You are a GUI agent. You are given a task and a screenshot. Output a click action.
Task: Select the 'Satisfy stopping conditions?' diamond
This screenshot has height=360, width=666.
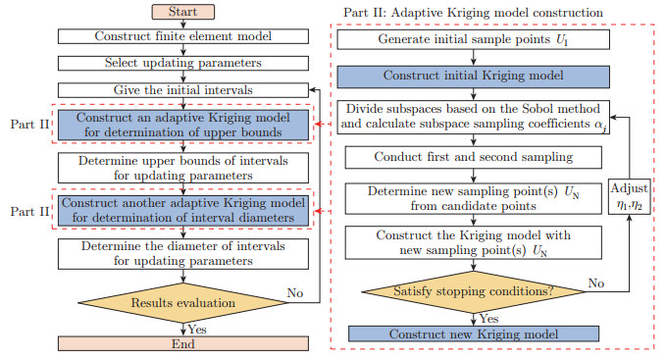click(475, 290)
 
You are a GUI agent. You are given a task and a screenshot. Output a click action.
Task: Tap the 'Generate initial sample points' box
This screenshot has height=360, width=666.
click(475, 42)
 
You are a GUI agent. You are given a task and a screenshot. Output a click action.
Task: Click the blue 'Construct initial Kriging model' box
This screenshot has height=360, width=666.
click(475, 77)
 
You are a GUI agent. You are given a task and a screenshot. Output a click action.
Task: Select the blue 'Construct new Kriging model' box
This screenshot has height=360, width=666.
click(475, 334)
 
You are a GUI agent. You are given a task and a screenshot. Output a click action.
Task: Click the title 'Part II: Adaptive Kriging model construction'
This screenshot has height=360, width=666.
click(474, 12)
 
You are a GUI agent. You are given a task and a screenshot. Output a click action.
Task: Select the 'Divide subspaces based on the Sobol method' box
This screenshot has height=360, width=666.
click(475, 116)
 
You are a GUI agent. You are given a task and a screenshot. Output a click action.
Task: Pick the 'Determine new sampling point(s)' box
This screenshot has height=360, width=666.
click(475, 198)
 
